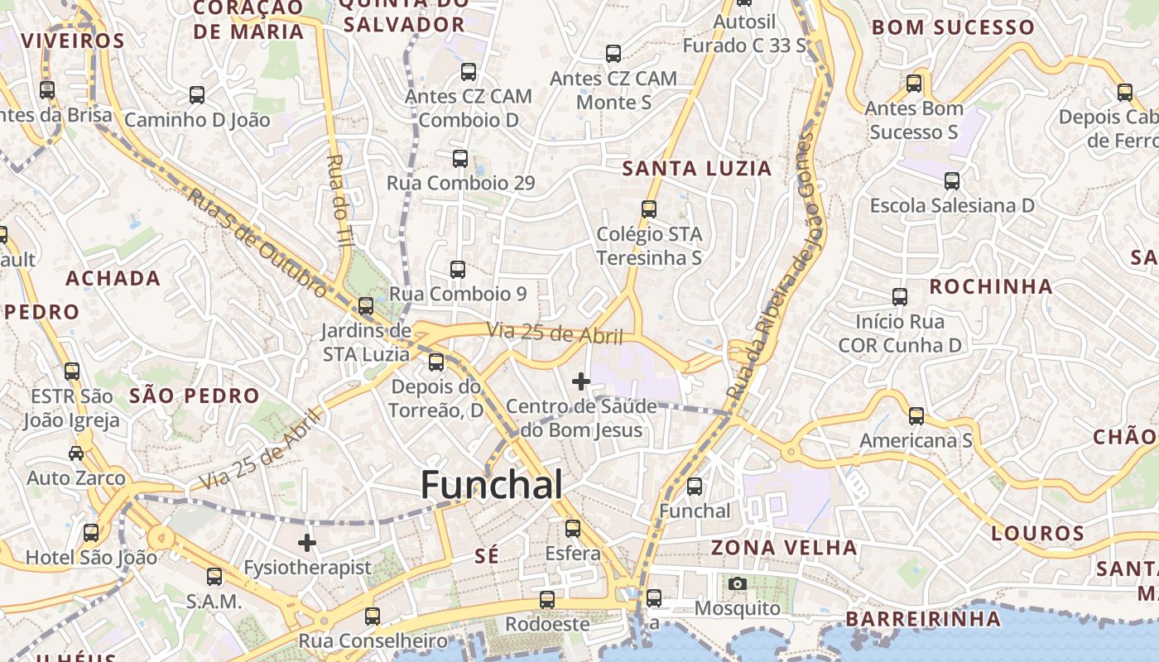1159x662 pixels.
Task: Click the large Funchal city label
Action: point(492,485)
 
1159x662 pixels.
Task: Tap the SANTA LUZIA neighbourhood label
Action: point(696,169)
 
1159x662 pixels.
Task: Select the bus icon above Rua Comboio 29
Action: point(460,159)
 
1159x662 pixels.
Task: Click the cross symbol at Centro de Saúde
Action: point(581,381)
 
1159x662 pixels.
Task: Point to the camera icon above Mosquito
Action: point(737,584)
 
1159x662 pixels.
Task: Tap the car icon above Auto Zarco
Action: point(76,453)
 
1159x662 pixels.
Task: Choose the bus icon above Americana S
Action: point(916,415)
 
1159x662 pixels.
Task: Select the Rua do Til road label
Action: point(339,199)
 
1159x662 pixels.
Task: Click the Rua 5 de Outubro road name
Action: point(257,242)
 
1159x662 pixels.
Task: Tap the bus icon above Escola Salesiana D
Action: point(952,180)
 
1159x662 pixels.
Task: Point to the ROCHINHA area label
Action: point(990,287)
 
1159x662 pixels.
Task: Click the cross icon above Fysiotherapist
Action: point(307,543)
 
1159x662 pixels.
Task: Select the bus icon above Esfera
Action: point(572,528)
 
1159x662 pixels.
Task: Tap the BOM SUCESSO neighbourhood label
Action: point(953,27)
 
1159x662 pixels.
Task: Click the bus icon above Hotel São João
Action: point(91,533)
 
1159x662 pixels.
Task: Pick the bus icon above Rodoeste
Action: point(546,600)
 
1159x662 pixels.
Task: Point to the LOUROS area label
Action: point(1037,533)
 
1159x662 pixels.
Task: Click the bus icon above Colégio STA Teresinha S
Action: point(649,209)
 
